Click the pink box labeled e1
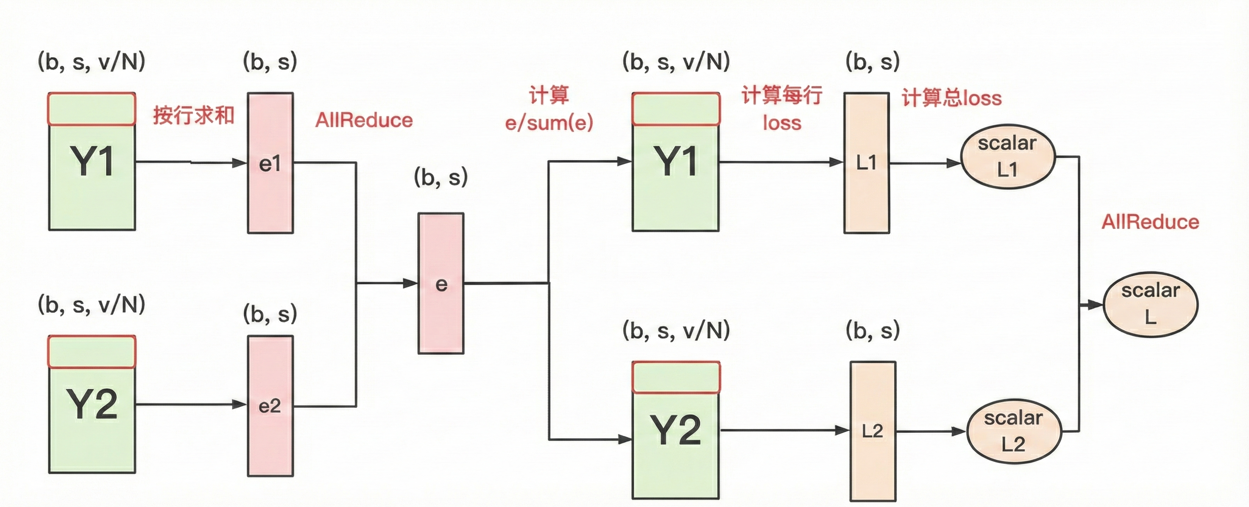(270, 163)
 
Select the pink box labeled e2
(270, 406)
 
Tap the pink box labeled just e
(441, 284)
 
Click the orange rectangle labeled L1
(866, 163)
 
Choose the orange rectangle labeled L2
(873, 431)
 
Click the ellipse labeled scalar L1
(1007, 156)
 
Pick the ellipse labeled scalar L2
(1014, 431)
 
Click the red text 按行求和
(194, 116)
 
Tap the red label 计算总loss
(951, 98)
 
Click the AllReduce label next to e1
(364, 120)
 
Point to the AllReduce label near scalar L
(1150, 221)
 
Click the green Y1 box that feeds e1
(92, 162)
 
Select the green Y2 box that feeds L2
(676, 430)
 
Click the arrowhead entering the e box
(411, 283)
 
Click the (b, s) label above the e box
(440, 177)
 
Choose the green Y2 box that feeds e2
(92, 404)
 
